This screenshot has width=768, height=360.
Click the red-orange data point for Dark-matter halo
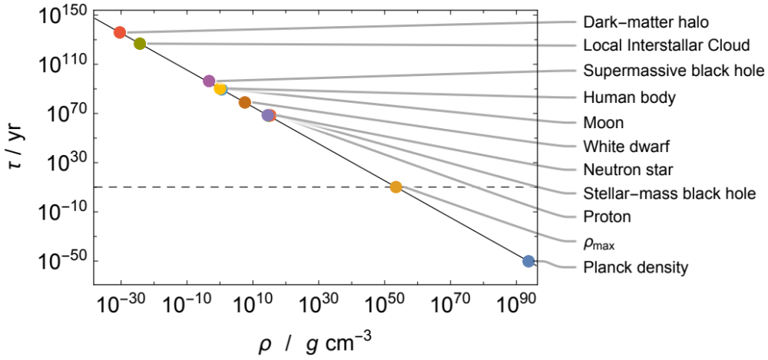click(120, 32)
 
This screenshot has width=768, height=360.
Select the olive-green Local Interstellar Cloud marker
click(140, 44)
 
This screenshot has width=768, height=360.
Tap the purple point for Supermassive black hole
click(209, 81)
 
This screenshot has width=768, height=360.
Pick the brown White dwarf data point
click(245, 102)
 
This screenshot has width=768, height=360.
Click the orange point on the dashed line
click(396, 187)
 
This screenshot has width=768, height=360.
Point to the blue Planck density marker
click(528, 261)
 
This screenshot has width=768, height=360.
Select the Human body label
click(630, 97)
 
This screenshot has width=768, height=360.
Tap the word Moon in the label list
click(604, 123)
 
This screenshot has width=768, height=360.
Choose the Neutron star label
click(627, 169)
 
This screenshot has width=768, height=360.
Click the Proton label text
click(607, 217)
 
